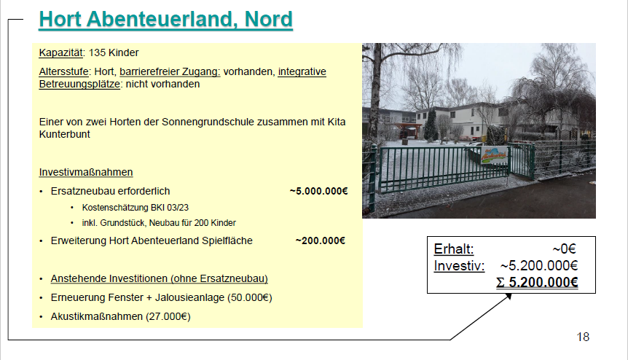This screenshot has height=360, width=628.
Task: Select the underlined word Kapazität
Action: (x=61, y=53)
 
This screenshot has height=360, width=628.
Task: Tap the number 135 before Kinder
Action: (x=96, y=52)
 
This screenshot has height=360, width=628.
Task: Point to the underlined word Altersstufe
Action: (x=63, y=71)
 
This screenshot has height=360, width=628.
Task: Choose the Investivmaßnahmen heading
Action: (x=86, y=172)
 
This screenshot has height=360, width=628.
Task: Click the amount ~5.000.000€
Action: (x=319, y=191)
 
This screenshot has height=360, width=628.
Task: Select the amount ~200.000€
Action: (x=321, y=240)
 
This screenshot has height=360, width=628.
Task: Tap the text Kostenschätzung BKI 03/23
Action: (x=136, y=208)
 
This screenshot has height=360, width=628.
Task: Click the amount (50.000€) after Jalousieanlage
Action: (x=249, y=297)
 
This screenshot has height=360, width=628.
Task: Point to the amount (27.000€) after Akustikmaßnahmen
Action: (x=168, y=316)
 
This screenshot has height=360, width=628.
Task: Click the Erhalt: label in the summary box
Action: (x=454, y=249)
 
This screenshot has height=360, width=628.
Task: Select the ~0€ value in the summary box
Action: (x=565, y=249)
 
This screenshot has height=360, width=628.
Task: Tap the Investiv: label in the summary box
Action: (x=459, y=265)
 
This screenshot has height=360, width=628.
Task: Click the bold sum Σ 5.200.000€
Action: (x=537, y=282)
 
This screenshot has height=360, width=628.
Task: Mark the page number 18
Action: (x=583, y=337)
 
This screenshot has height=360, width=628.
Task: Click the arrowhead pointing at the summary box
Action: (x=509, y=297)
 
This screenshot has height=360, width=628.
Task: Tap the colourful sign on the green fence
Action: (x=494, y=155)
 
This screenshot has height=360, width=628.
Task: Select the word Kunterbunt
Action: (x=65, y=134)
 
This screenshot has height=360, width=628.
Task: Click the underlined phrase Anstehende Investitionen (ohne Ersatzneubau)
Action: (x=160, y=278)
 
